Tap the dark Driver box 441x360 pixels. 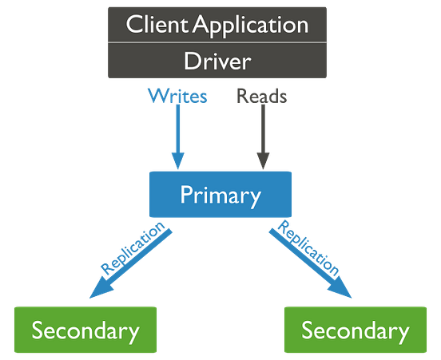[x=217, y=61]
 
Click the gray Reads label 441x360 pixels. [x=261, y=97]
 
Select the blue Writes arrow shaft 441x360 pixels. [x=177, y=128]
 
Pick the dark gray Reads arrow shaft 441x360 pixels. [x=262, y=128]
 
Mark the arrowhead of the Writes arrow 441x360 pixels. [x=177, y=159]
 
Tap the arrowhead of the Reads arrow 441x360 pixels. [x=262, y=160]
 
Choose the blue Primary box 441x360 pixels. [x=220, y=195]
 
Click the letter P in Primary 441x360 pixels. [x=185, y=195]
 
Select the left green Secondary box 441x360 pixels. [x=85, y=330]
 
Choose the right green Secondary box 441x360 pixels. [x=355, y=330]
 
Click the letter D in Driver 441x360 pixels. [x=191, y=61]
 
